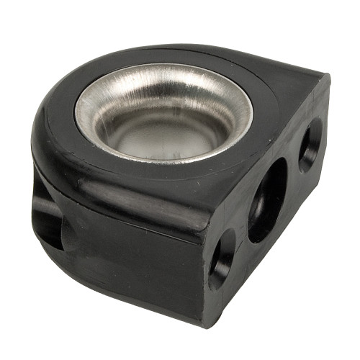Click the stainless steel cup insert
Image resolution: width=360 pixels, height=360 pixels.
click(x=164, y=115)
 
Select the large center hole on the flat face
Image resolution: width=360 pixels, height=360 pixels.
click(x=267, y=199)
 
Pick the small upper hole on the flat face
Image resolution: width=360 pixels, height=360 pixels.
click(x=311, y=144)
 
